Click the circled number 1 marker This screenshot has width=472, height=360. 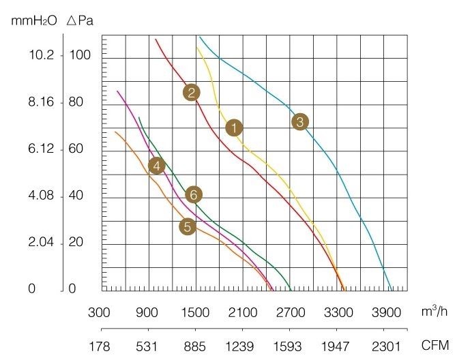(234, 127)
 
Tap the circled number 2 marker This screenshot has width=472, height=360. (191, 93)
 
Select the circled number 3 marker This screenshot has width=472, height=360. (299, 122)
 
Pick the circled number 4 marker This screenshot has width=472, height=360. (157, 166)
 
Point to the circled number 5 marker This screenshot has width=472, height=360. (188, 227)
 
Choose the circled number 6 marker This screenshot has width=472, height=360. (194, 195)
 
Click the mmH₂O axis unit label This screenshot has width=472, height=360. (35, 20)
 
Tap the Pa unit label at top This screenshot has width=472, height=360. (80, 20)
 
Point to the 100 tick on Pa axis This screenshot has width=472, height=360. (80, 55)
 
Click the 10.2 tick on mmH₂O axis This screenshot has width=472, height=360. (40, 55)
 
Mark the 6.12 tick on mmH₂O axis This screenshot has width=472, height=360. (40, 149)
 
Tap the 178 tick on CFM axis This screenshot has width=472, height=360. (100, 346)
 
